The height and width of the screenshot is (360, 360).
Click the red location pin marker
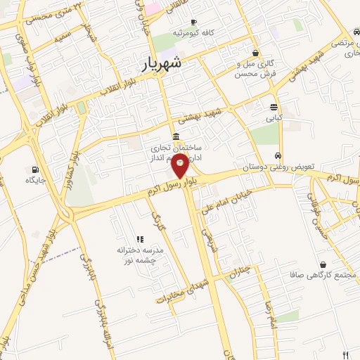[x=180, y=167]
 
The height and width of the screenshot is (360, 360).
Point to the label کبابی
[x=273, y=118]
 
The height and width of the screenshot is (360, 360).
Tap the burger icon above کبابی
[x=274, y=107]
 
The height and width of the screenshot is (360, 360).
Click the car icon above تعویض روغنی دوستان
[x=279, y=156]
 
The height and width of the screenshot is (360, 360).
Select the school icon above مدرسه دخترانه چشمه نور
[x=139, y=239]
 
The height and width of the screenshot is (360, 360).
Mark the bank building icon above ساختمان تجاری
[x=175, y=137]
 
